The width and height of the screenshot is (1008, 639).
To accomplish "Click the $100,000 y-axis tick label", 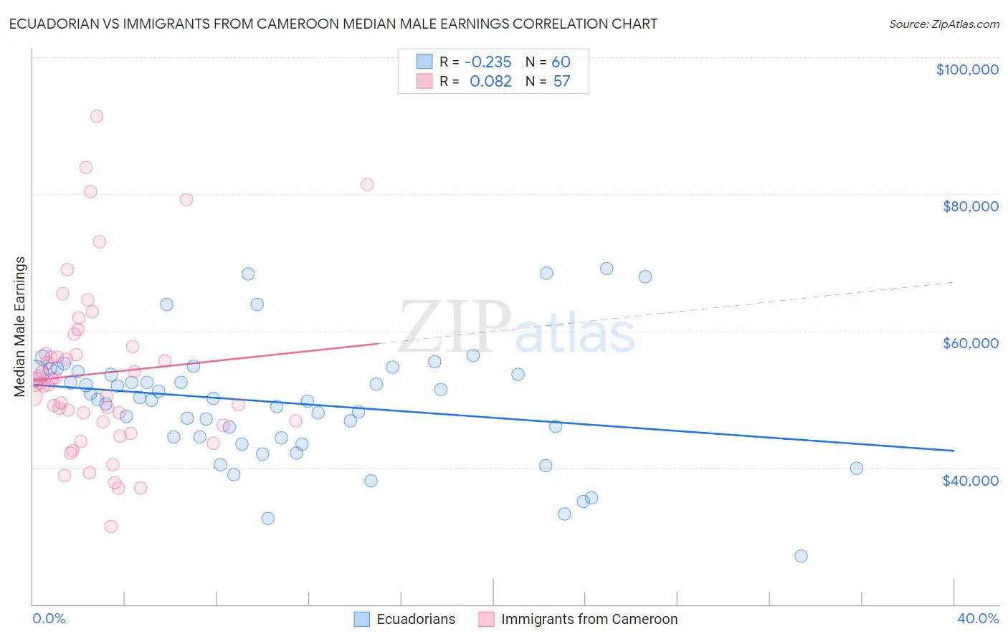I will (966, 69).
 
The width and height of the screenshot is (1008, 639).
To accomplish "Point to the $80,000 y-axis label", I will (970, 206).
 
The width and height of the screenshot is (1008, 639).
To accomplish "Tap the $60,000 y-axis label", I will (970, 343).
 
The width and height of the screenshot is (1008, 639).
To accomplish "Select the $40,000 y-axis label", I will (970, 481).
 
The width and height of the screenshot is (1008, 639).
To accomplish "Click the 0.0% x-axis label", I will (49, 619).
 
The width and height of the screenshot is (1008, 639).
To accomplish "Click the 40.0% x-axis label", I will (977, 619).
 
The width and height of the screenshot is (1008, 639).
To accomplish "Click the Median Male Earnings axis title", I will (20, 326).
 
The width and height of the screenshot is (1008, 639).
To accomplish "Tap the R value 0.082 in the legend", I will (490, 82).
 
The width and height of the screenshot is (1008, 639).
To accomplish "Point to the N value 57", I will (561, 82).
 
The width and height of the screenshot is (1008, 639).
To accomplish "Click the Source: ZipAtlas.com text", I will (943, 24).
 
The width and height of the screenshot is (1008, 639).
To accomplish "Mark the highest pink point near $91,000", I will (97, 116).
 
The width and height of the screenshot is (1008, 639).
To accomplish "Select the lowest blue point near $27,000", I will (801, 556).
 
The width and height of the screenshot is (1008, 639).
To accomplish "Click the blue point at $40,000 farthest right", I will (856, 469).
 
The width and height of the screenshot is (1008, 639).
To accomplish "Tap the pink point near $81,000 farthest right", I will (367, 184).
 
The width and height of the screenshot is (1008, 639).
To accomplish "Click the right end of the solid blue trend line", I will (954, 451).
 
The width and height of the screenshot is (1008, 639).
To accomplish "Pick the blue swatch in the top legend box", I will (424, 62).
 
